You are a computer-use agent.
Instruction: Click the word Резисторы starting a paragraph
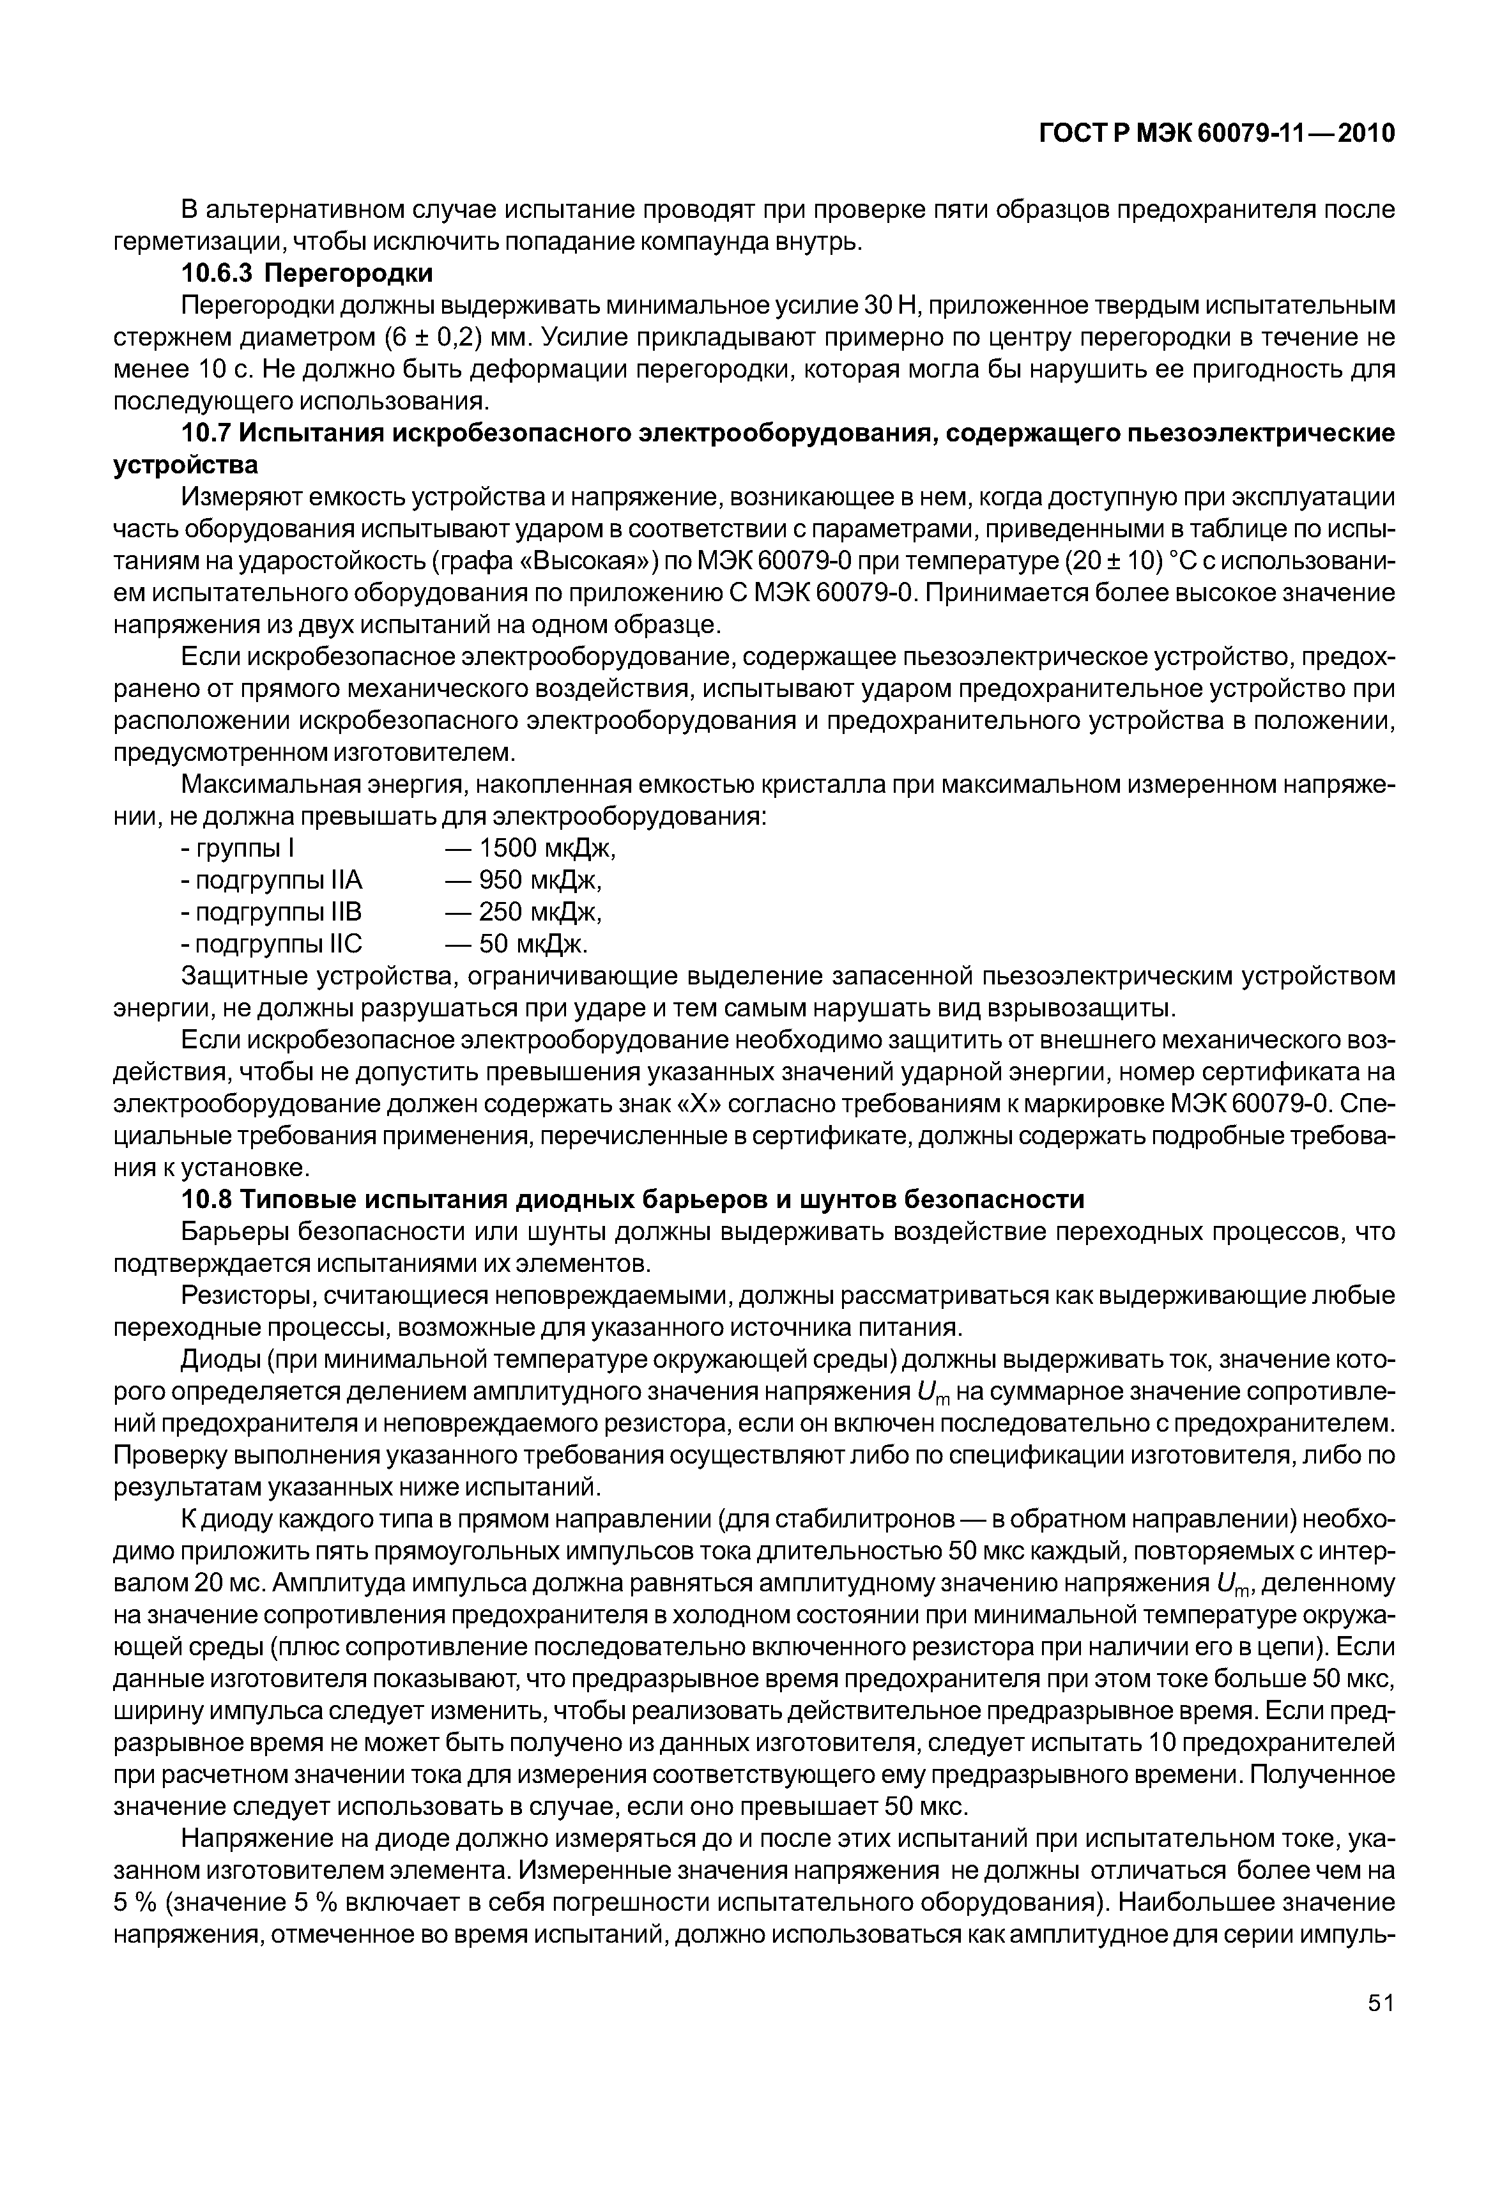248,1296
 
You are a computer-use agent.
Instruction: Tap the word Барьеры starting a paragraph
236,1232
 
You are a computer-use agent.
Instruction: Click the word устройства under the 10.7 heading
185,466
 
